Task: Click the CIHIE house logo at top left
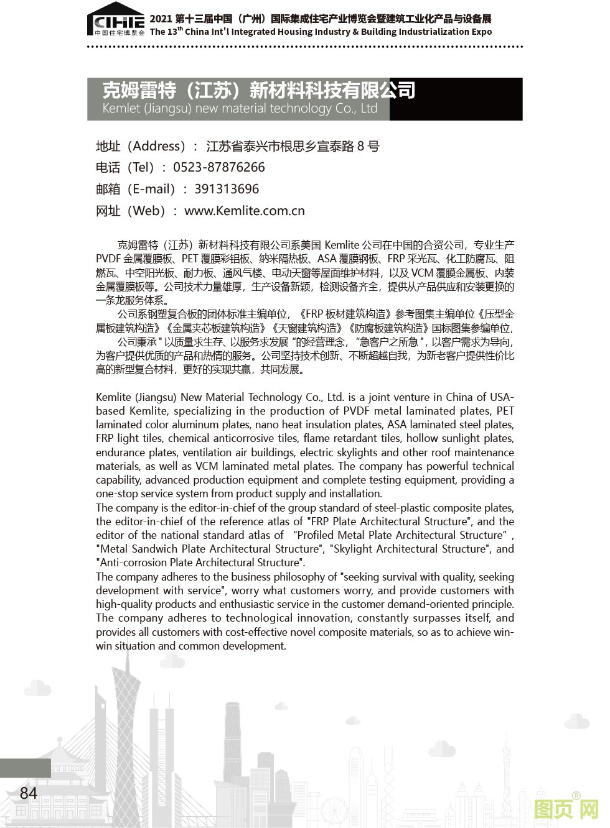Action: click(x=116, y=22)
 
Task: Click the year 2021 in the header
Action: click(x=161, y=19)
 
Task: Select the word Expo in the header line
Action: click(x=480, y=32)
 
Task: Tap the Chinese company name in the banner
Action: click(x=258, y=91)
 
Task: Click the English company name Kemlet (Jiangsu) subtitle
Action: click(x=240, y=109)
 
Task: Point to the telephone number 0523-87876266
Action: click(x=218, y=167)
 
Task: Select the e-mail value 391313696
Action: click(x=226, y=189)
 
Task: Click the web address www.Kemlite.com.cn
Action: click(x=245, y=211)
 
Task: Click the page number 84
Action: click(x=29, y=793)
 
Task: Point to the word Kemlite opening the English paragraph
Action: click(x=113, y=397)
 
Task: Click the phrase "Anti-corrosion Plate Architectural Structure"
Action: click(x=200, y=563)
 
